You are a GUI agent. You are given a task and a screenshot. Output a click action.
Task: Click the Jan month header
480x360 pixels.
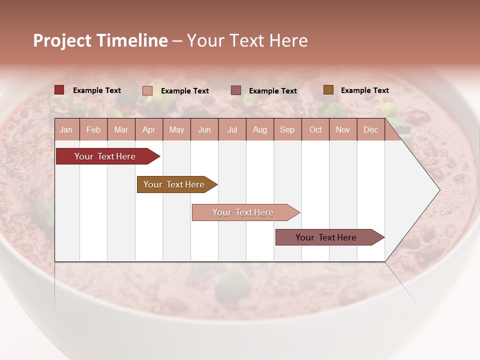(x=66, y=129)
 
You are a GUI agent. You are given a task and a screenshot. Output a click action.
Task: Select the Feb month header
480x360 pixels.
(x=93, y=129)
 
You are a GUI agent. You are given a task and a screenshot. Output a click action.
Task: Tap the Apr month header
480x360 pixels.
(x=148, y=129)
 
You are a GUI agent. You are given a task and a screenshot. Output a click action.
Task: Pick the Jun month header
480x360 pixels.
(x=204, y=129)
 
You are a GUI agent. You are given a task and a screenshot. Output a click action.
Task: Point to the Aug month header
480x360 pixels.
(x=259, y=129)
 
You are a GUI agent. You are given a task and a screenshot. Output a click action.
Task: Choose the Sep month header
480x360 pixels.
(x=287, y=129)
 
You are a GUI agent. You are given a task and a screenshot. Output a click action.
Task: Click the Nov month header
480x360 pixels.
(x=343, y=129)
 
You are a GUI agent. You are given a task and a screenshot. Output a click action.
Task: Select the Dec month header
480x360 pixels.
(x=370, y=129)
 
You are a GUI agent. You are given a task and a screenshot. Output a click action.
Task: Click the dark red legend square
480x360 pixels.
(x=59, y=90)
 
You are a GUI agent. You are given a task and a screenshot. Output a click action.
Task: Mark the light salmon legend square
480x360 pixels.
(x=147, y=90)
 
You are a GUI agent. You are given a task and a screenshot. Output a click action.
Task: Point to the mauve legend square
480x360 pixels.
(x=236, y=90)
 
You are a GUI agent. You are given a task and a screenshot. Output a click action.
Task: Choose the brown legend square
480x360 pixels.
(x=328, y=90)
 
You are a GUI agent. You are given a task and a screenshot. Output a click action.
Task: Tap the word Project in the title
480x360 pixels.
(x=63, y=40)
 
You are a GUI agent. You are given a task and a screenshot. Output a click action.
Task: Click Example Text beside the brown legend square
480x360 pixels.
(x=364, y=90)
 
